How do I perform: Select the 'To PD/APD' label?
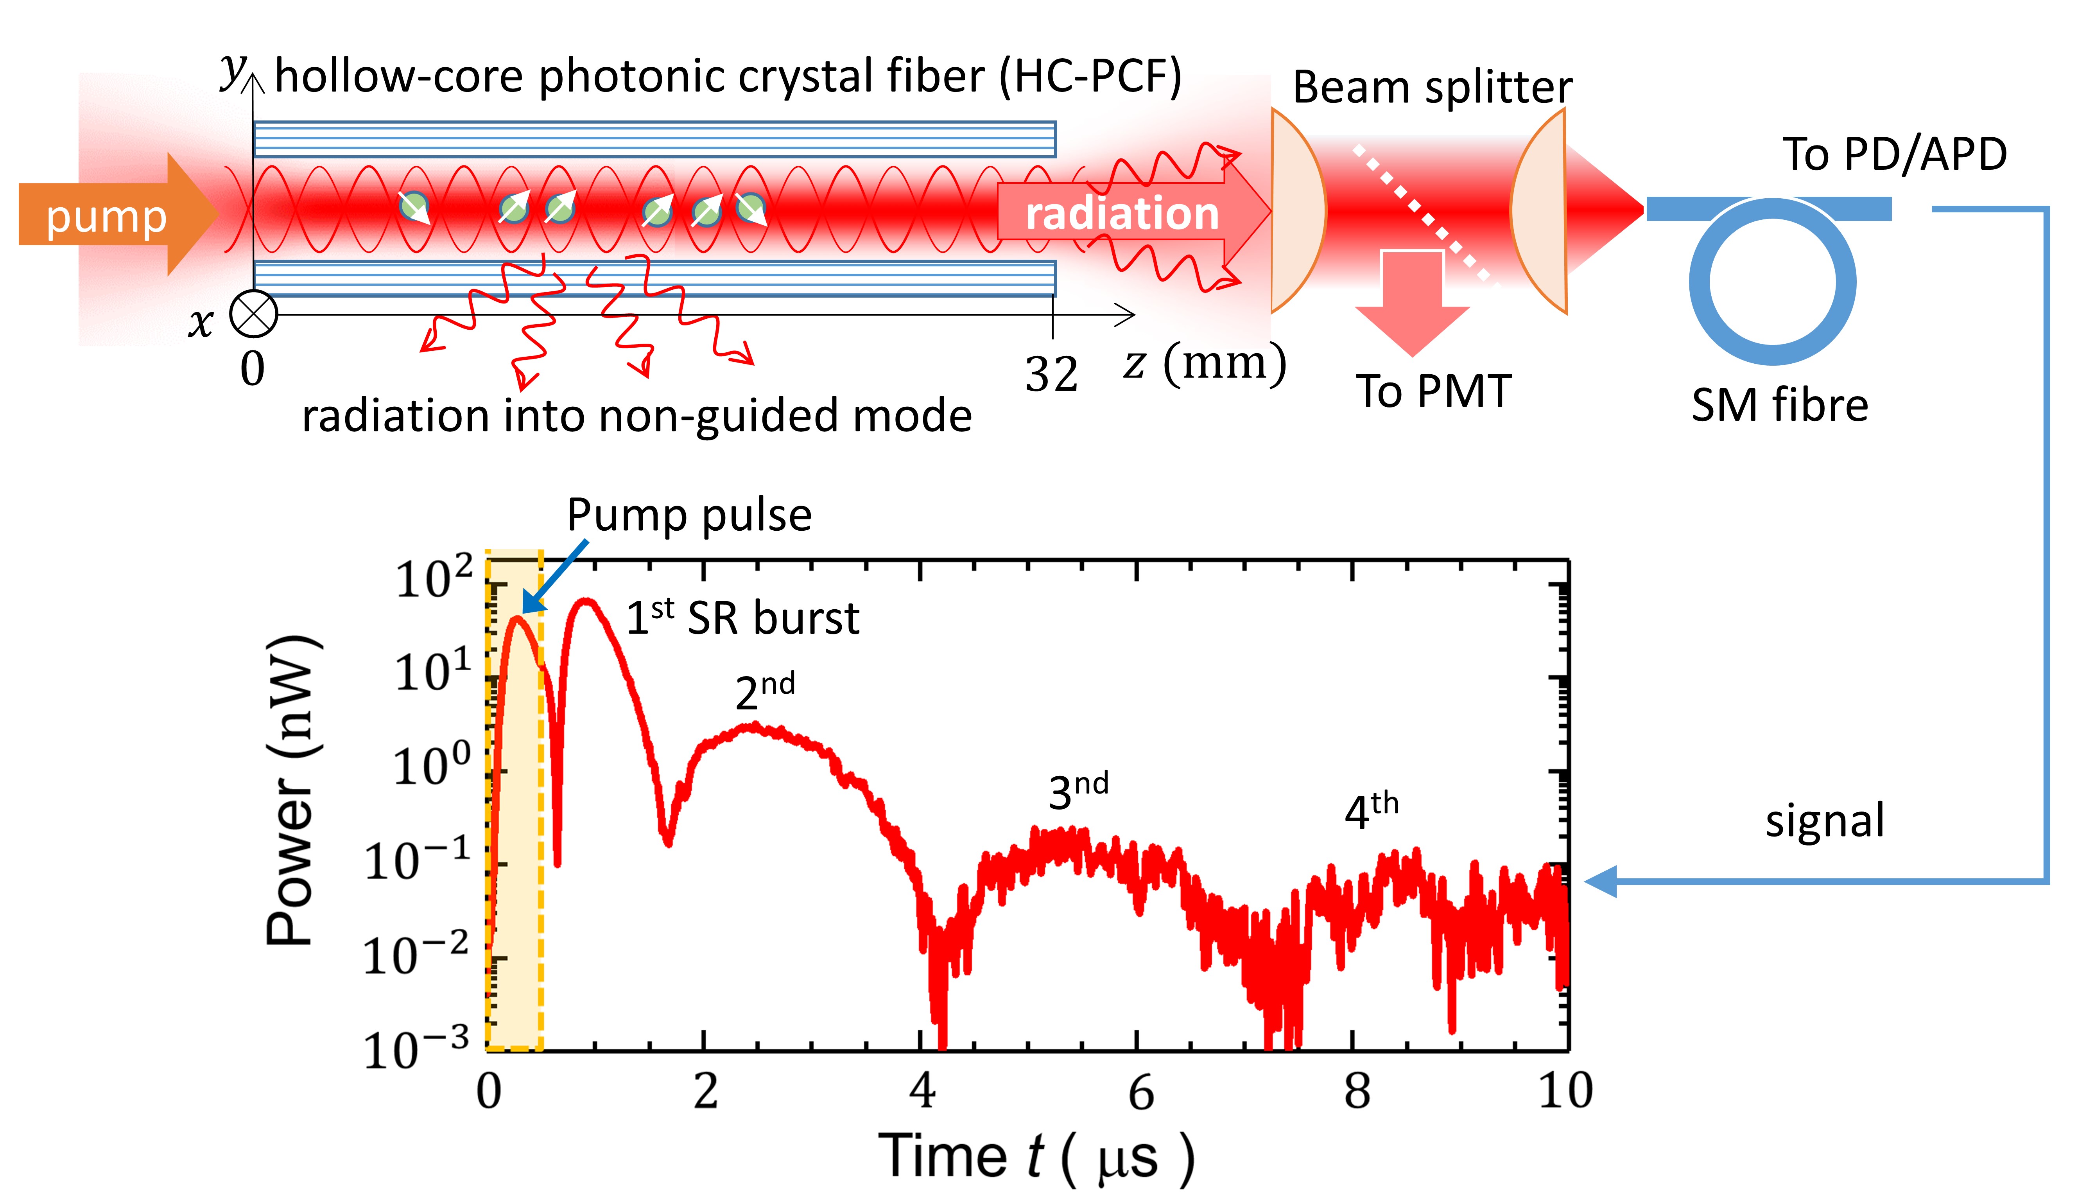click(1894, 154)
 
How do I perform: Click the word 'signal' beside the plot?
click(1825, 821)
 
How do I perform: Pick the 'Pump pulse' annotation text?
click(689, 515)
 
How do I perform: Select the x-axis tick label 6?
click(1140, 1093)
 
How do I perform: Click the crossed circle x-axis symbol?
click(253, 314)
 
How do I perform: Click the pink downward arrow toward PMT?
click(1412, 305)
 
